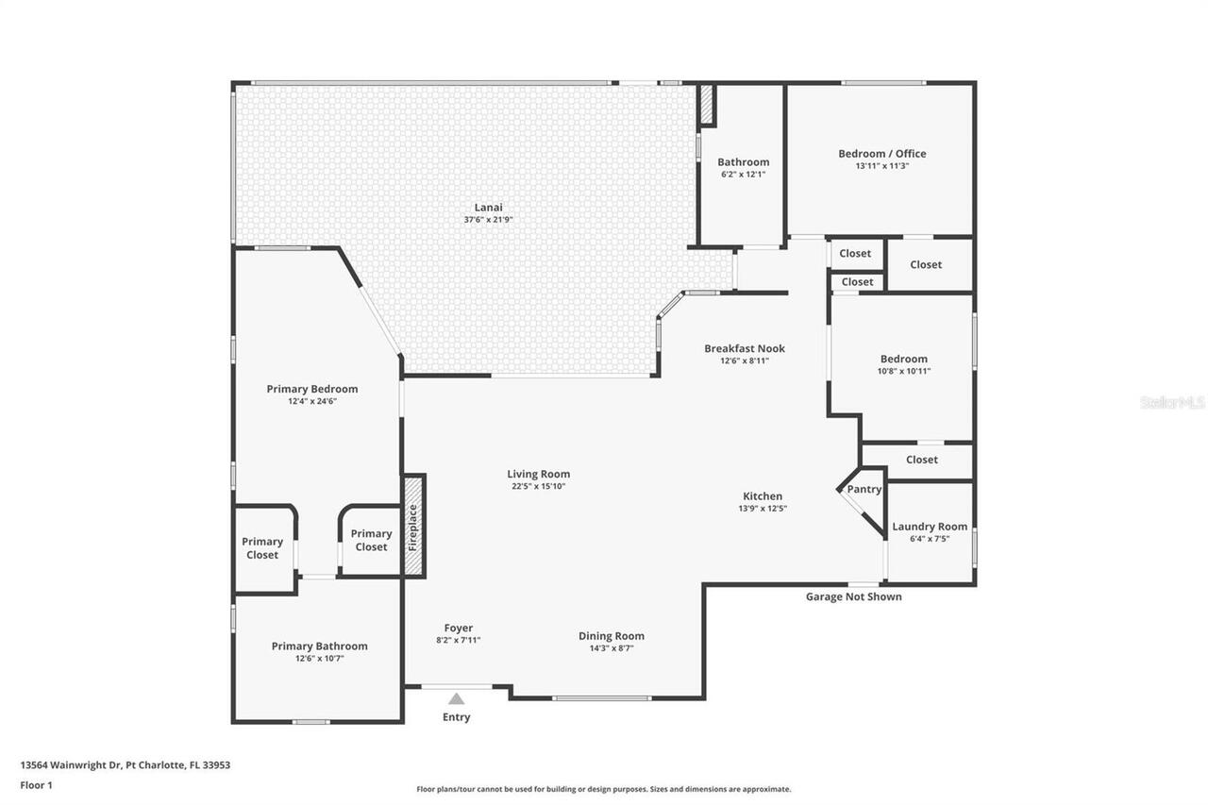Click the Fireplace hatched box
coord(413,526)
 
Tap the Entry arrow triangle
coord(457,699)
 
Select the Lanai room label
coord(488,208)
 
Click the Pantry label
coord(864,490)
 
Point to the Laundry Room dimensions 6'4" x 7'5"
coord(930,539)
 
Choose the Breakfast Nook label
coord(745,348)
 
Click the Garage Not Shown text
coord(853,596)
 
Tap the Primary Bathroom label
coord(319,646)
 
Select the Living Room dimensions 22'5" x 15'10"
coord(538,486)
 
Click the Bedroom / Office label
coord(882,154)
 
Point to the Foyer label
coord(459,628)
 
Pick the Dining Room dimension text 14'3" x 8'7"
coord(612,648)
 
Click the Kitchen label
coord(763,496)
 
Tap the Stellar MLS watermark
coord(1173,402)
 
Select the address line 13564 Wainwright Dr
coord(125,765)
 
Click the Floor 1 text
coord(36,784)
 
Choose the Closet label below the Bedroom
coord(922,460)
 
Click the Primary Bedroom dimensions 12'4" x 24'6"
coord(312,401)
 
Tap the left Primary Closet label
coord(262,548)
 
